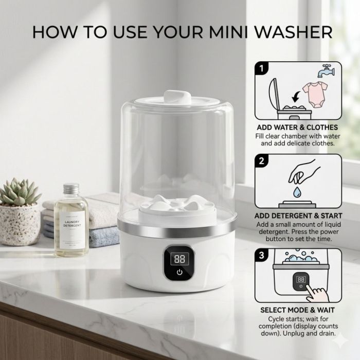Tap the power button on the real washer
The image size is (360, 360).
(179, 272)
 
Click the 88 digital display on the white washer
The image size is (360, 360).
(179, 259)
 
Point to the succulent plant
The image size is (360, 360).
(20, 192)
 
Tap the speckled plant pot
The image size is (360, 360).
(20, 225)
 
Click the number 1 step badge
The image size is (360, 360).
(261, 68)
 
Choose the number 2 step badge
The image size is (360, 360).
(261, 160)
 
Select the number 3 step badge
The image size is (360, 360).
(261, 255)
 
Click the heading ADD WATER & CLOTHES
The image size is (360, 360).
(297, 128)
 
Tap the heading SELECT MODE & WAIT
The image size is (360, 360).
(297, 310)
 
